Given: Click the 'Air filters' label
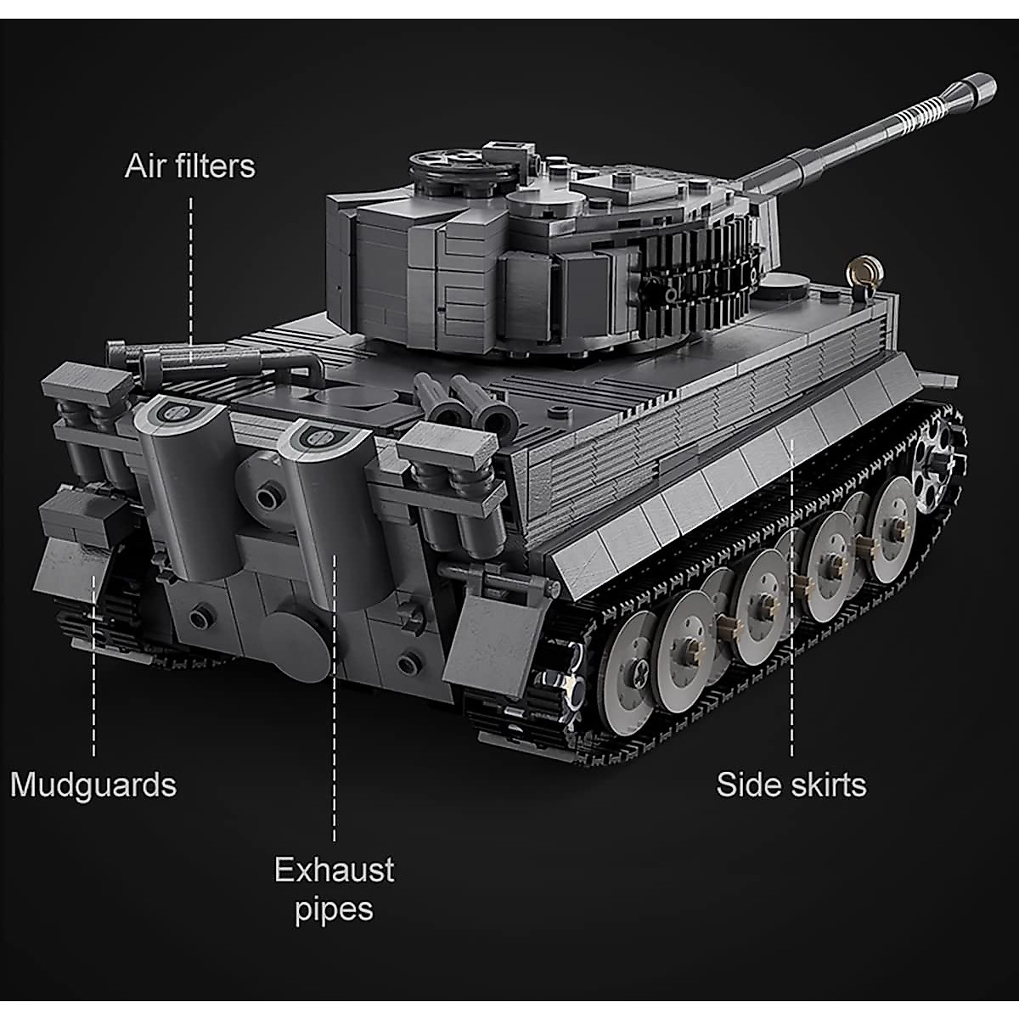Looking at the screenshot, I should tap(189, 166).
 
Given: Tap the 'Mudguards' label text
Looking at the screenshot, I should tap(93, 785).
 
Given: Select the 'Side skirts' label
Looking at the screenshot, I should tap(791, 785).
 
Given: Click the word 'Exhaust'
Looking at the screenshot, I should tap(334, 870).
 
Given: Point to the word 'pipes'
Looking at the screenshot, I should tap(334, 909).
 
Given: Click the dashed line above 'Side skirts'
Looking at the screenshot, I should tap(791, 594).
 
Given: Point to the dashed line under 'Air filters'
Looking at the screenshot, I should tap(191, 272).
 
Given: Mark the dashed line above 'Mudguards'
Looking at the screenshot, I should tap(93, 662).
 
